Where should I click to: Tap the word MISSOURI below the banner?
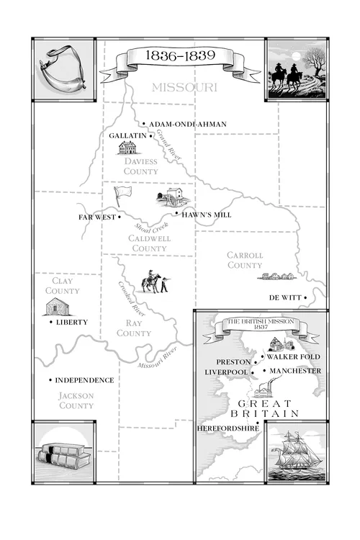184,87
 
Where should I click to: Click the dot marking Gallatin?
150,135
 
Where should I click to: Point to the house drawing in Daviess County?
128,148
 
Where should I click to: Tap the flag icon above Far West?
122,195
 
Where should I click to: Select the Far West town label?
96,217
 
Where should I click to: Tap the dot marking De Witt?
305,297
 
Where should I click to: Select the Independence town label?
84,380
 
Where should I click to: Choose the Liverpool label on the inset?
226,372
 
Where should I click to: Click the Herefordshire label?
226,428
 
